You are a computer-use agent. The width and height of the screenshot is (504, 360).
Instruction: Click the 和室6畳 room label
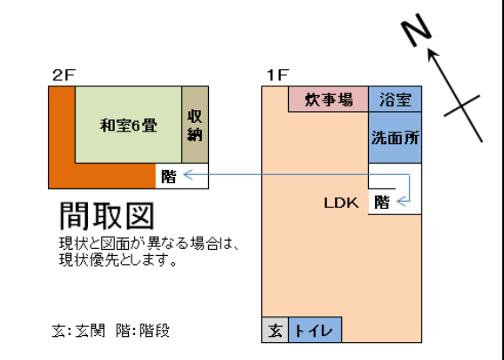pos(129,125)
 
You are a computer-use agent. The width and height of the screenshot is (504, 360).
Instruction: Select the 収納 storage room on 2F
pos(195,124)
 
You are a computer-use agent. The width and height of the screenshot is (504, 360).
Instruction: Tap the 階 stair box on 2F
pos(182,176)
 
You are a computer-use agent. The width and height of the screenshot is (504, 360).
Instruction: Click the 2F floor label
pos(64,76)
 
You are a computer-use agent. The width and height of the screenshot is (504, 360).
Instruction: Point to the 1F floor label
pos(277,76)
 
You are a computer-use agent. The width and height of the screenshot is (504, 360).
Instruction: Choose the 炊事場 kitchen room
pos(328,99)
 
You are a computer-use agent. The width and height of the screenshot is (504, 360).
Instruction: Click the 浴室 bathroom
pos(395,99)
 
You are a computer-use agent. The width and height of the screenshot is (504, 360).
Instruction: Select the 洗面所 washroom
pos(395,138)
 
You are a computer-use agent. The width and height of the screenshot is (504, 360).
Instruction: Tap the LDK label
pos(341,203)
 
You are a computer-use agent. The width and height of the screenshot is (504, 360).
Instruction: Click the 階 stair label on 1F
pos(382,203)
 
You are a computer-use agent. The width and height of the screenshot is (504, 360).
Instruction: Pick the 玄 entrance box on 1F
pos(276,330)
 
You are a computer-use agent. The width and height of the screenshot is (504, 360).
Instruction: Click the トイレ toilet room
pos(315,330)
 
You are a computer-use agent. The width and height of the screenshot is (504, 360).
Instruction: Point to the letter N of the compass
pos(416,30)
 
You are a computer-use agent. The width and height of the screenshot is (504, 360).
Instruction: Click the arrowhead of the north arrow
pos(432,54)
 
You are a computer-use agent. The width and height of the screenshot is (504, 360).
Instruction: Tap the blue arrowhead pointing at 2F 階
pos(188,175)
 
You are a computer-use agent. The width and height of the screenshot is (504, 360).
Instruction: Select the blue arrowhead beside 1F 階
pos(402,202)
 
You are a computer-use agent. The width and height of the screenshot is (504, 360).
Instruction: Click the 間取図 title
pos(107,216)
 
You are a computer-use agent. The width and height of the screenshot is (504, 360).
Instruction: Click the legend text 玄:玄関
pos(78,331)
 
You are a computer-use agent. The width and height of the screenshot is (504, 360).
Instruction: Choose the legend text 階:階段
pos(143,331)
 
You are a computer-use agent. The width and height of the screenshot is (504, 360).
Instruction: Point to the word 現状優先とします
pos(117,260)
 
